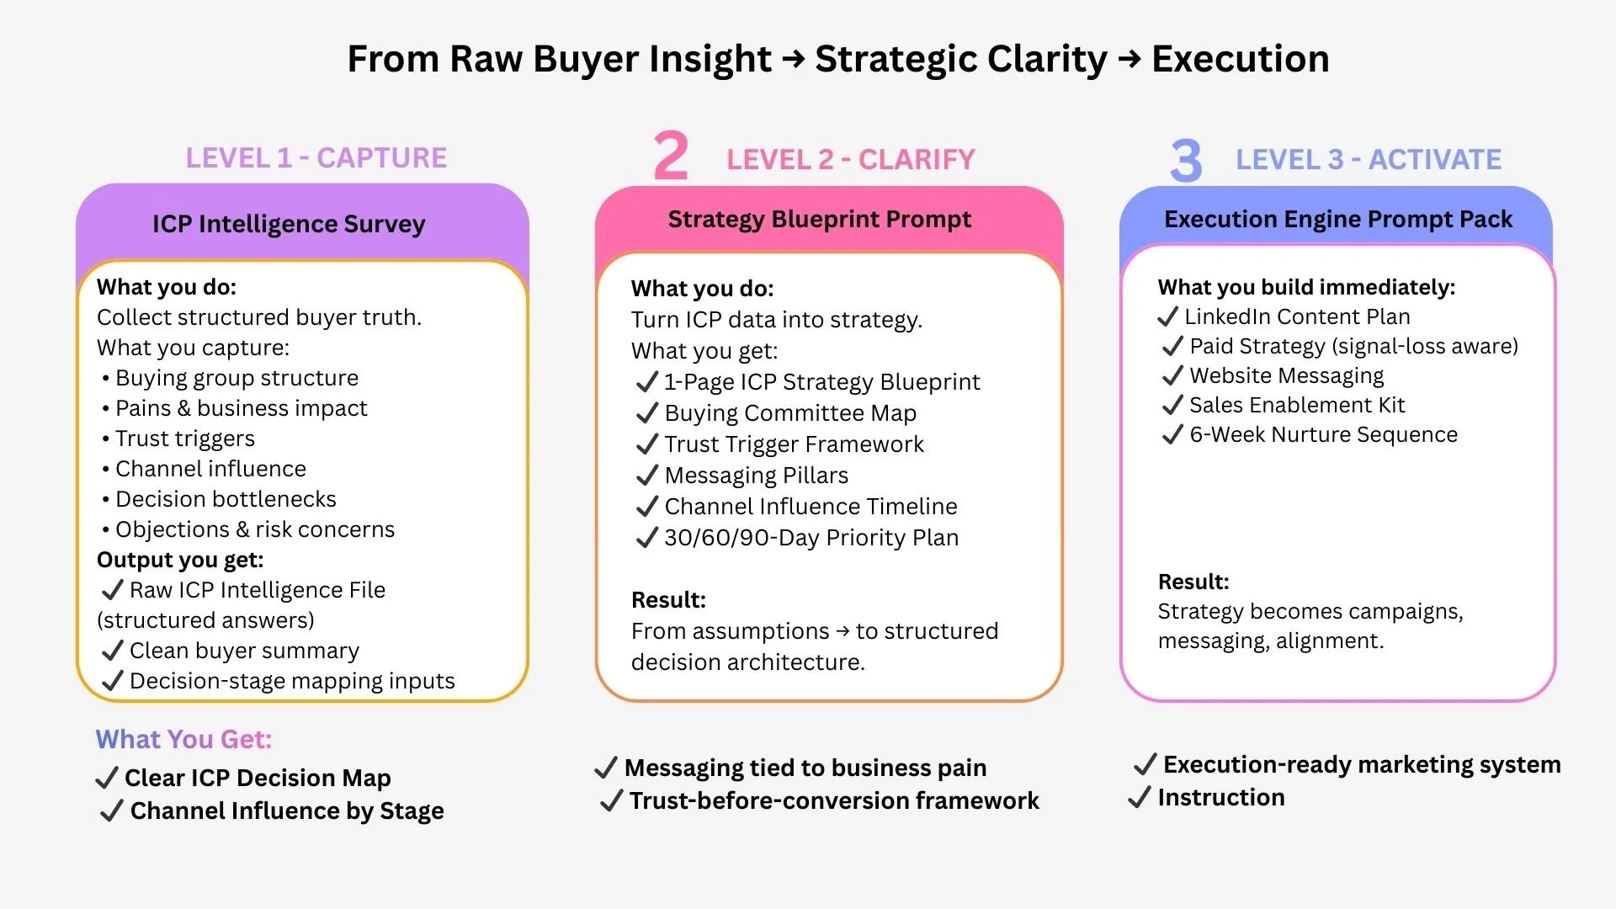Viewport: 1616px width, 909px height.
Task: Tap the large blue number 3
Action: [x=1185, y=160]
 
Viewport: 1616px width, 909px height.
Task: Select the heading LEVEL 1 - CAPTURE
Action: [x=316, y=157]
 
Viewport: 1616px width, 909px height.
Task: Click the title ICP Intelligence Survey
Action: [x=289, y=224]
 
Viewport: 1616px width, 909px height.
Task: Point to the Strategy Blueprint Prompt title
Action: [x=819, y=219]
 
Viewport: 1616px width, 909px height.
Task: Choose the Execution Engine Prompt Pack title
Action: [x=1337, y=219]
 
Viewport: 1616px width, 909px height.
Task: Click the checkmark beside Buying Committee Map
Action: [x=646, y=413]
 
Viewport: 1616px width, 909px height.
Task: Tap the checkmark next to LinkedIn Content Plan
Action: [x=1167, y=316]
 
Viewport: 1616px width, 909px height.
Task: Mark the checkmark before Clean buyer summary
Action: [x=112, y=651]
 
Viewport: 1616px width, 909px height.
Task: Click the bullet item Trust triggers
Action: [x=184, y=439]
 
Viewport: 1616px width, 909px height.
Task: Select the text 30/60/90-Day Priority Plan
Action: [x=811, y=538]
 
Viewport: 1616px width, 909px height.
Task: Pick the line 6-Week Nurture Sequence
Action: [x=1323, y=434]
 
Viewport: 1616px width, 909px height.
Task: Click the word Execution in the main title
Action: [x=1240, y=59]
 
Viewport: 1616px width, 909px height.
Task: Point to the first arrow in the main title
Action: [x=793, y=59]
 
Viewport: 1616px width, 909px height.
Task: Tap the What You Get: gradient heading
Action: [x=183, y=739]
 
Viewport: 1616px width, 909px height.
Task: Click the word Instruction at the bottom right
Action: [x=1220, y=797]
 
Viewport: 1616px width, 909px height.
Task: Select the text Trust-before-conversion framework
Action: [x=834, y=800]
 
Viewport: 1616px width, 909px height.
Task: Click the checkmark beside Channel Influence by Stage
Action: [x=111, y=811]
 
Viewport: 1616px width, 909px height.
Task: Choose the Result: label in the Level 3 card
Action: [x=1193, y=582]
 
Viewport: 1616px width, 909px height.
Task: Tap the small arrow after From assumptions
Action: [x=843, y=631]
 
